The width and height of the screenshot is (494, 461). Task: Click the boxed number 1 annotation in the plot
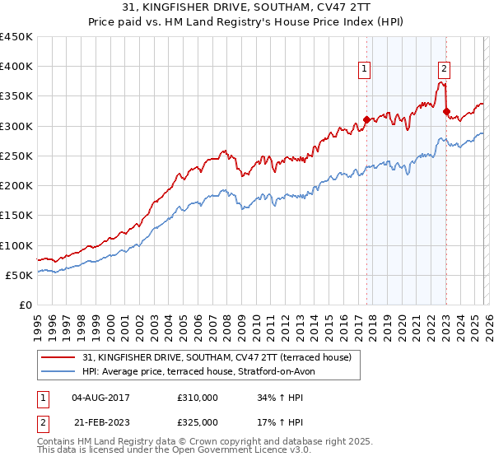[x=364, y=69]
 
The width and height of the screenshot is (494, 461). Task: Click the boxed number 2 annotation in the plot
[x=444, y=69]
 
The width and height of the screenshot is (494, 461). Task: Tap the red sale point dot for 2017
[x=366, y=119]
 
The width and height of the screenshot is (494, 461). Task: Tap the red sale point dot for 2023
[x=446, y=111]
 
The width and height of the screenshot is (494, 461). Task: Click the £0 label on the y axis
[x=26, y=305]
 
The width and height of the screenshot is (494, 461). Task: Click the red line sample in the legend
[x=58, y=357]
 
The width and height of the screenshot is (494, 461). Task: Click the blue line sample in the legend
[x=58, y=371]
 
